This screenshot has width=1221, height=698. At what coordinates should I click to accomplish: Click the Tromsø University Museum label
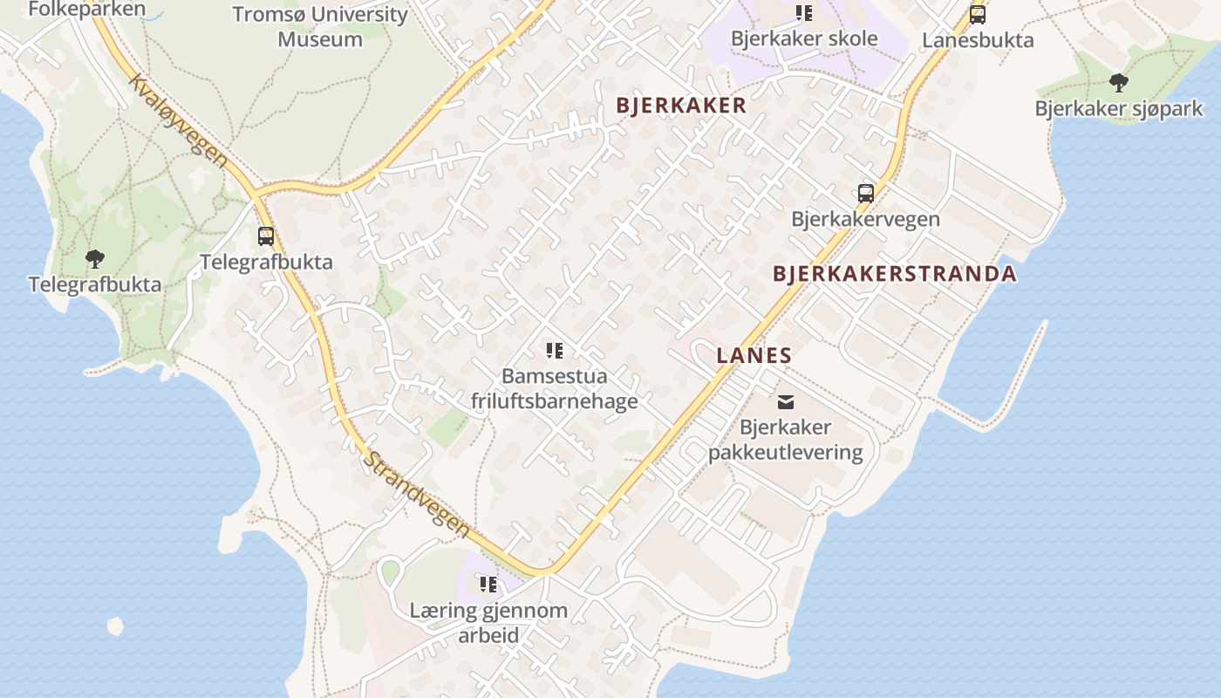[x=320, y=26]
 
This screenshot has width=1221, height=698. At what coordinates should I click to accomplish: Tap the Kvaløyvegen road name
[x=179, y=121]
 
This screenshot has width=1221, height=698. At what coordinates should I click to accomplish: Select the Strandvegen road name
[x=417, y=493]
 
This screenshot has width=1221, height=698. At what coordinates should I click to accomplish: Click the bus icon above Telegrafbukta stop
[x=266, y=236]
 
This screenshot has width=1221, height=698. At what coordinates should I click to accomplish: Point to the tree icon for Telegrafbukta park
[x=95, y=258]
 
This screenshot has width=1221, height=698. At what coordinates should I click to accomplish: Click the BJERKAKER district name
[x=681, y=106]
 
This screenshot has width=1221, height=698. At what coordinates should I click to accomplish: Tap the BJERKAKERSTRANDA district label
[x=894, y=274]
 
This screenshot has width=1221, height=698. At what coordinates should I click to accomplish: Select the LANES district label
[x=754, y=355]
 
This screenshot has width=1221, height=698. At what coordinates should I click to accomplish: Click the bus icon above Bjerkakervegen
[x=865, y=194]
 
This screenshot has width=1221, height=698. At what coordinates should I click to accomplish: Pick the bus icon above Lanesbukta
[x=978, y=15]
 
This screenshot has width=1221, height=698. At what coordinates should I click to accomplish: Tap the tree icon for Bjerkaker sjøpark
[x=1118, y=84]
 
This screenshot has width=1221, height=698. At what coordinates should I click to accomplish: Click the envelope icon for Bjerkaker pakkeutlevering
[x=785, y=402]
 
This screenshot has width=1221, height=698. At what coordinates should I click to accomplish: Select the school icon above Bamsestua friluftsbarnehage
[x=554, y=351]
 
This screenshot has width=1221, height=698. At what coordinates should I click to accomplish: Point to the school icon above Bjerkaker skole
[x=803, y=13]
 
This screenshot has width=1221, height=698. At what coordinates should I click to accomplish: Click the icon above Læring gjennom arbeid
[x=488, y=584]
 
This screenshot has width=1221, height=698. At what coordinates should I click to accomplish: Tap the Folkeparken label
[x=86, y=10]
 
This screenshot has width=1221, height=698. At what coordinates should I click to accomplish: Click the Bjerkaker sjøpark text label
[x=1118, y=109]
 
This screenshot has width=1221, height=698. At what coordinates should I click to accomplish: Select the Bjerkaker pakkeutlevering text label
[x=785, y=440]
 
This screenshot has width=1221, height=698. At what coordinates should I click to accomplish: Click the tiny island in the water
[x=115, y=626]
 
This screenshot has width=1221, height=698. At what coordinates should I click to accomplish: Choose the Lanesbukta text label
[x=978, y=40]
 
